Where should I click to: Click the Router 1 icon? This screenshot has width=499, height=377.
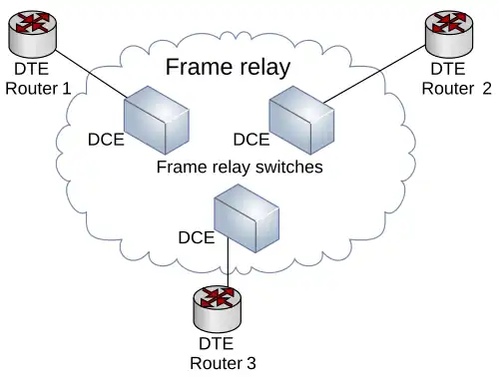(32, 33)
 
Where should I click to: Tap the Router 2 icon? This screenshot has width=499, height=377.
(449, 33)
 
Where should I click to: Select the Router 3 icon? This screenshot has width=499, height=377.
(218, 308)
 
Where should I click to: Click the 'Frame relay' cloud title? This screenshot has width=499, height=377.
(228, 67)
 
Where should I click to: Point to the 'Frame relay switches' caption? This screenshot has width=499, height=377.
(240, 167)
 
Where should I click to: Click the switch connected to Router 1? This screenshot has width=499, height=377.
(157, 120)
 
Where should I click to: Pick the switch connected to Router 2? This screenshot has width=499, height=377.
(301, 120)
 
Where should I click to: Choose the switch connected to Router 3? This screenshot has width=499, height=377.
(247, 218)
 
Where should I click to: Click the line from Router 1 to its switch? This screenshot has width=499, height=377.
(91, 74)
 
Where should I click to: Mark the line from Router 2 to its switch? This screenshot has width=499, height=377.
(375, 74)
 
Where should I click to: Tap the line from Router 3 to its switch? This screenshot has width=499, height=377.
(229, 262)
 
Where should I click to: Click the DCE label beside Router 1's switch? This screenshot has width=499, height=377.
(106, 140)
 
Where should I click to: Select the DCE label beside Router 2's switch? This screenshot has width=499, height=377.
(251, 140)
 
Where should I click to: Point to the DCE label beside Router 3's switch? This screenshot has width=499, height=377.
(197, 237)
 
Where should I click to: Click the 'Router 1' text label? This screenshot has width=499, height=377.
(38, 89)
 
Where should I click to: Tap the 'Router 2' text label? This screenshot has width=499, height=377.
(456, 89)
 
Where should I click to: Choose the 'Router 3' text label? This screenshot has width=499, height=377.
(223, 363)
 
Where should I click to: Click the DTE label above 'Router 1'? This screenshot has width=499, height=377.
(32, 69)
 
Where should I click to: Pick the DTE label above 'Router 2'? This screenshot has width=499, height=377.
(448, 69)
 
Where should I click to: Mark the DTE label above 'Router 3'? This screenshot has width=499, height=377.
(217, 343)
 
